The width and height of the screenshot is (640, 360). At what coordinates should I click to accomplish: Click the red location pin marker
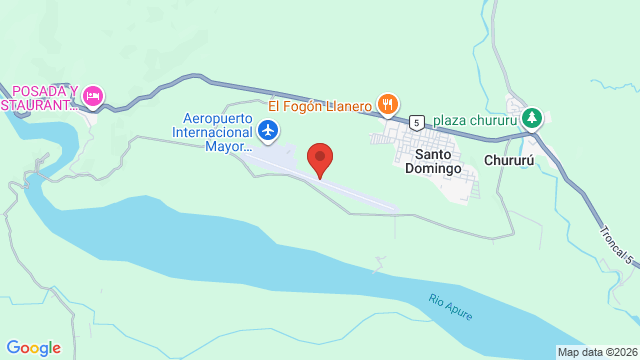click(320, 158)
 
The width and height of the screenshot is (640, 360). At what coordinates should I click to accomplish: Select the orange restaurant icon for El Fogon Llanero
click(388, 103)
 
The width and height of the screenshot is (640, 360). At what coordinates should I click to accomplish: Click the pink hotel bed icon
click(92, 96)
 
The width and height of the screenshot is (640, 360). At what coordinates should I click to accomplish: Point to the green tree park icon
click(533, 117)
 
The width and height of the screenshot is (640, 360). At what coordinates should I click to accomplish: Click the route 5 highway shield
click(417, 122)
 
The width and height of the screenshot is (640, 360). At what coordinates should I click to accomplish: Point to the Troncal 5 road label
click(617, 243)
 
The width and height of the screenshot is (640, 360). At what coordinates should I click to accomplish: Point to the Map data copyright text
click(597, 352)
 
